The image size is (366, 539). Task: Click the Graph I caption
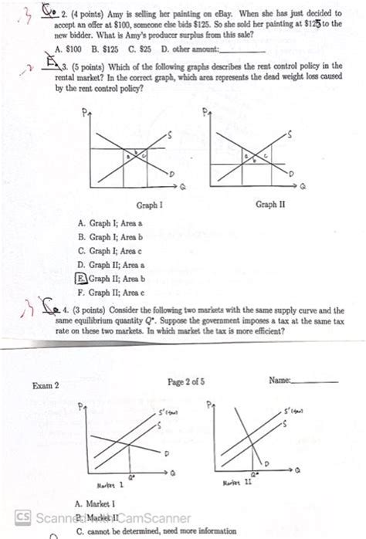point(149,206)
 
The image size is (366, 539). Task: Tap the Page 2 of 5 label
point(186,381)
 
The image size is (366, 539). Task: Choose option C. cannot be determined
point(154,531)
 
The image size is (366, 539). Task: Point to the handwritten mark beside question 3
point(28,68)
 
